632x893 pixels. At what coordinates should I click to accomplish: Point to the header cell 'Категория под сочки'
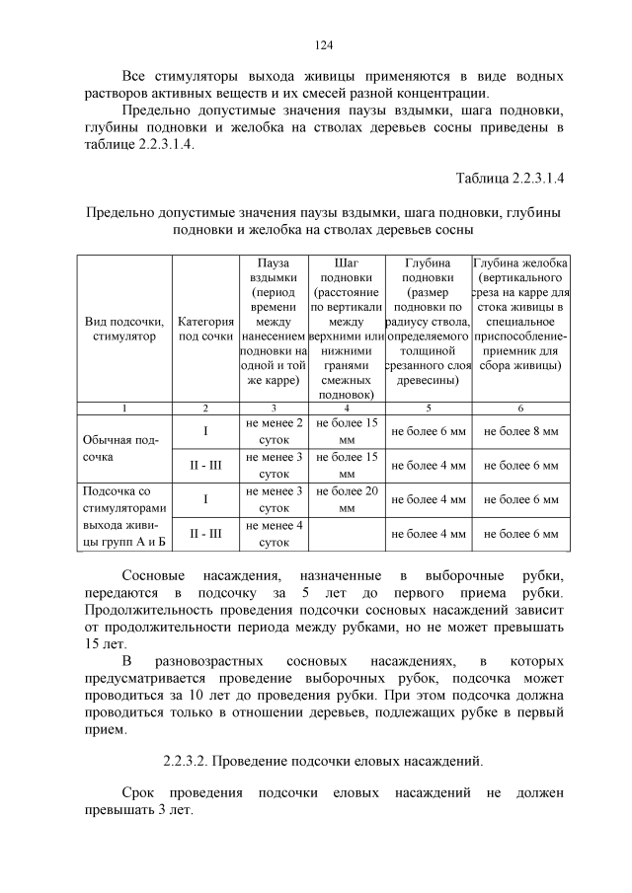[x=205, y=329]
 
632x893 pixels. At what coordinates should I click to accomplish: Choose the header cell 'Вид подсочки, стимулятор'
[x=124, y=329]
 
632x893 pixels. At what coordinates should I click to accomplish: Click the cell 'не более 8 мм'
[x=520, y=430]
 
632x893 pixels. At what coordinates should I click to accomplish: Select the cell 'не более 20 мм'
[x=346, y=499]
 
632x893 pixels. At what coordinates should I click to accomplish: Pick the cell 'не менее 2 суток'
[x=273, y=430]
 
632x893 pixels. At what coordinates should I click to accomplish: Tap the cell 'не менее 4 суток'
[x=273, y=534]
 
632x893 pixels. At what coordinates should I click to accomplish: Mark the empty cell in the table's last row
[x=346, y=534]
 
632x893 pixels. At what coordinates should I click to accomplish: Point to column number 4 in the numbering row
[x=346, y=408]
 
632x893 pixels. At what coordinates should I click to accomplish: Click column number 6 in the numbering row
[x=520, y=408]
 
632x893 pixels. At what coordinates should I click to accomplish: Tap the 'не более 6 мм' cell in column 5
[x=428, y=430]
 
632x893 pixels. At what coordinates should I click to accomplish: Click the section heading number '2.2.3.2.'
[x=186, y=761]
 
